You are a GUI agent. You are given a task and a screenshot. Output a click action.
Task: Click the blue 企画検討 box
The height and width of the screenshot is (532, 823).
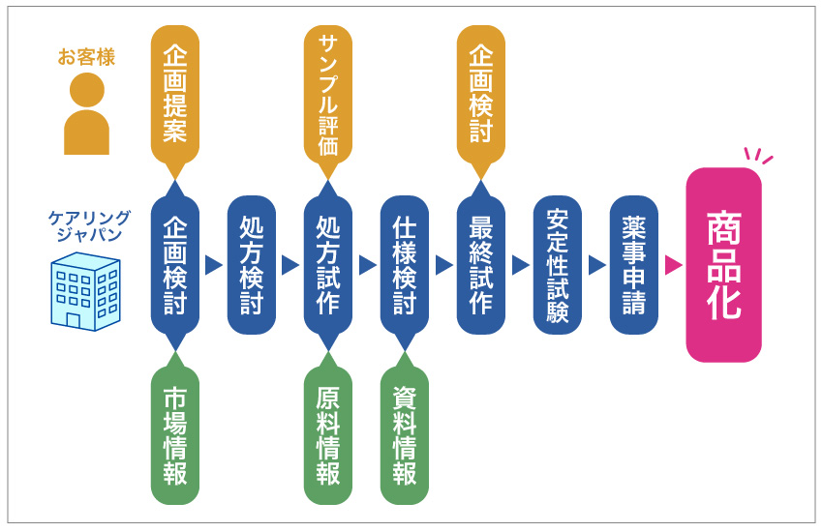[175, 264]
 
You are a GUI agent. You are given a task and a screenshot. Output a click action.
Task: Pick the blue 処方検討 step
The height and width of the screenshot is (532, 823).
[252, 264]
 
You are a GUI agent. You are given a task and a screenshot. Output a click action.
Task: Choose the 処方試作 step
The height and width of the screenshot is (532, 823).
[327, 264]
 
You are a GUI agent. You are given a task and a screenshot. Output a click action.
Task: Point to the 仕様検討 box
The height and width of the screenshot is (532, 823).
[405, 264]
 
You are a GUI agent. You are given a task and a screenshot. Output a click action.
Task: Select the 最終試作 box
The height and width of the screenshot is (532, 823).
[480, 264]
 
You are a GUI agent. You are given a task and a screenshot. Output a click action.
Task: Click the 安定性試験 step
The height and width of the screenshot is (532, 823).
[557, 264]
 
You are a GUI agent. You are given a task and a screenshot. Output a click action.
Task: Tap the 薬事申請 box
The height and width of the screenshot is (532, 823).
[633, 264]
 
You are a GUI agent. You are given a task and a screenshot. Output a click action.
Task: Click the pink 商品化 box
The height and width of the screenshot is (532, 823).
[723, 264]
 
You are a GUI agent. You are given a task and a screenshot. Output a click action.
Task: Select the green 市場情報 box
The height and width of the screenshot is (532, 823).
[175, 435]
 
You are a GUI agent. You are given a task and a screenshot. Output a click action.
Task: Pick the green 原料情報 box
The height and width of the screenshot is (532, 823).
[327, 435]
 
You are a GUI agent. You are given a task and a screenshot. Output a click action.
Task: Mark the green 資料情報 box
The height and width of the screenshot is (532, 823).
[405, 435]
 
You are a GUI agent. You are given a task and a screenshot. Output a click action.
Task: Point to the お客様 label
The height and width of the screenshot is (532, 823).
[86, 57]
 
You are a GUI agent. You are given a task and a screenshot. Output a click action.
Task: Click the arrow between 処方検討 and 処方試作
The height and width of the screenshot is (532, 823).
[290, 265]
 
